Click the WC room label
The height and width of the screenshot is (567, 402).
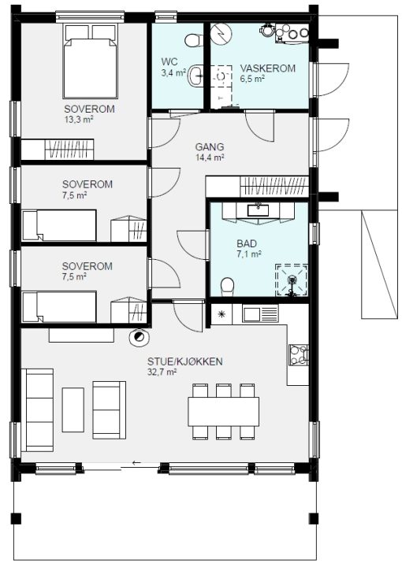coord(169,61)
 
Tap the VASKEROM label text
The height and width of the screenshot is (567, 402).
coord(268,69)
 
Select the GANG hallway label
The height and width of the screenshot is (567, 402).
coord(210,146)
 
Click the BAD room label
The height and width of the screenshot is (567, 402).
coord(247,243)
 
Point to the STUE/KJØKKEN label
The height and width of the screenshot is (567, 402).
coord(184,361)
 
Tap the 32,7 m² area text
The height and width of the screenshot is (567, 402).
coord(162,372)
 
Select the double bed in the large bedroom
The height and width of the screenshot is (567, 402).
coord(91,61)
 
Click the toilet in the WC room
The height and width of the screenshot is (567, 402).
coord(194,40)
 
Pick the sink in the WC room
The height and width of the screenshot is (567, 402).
coord(196,76)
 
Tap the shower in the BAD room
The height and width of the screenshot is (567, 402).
coord(292,280)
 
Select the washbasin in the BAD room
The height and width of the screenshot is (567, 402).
coord(258,210)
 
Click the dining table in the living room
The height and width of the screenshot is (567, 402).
coord(224,412)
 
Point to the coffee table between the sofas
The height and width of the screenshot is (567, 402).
coord(73,410)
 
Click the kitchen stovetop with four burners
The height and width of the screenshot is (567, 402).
coord(299,354)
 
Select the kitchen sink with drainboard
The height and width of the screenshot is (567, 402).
coord(261,313)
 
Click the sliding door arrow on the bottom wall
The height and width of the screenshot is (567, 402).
coord(136,462)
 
